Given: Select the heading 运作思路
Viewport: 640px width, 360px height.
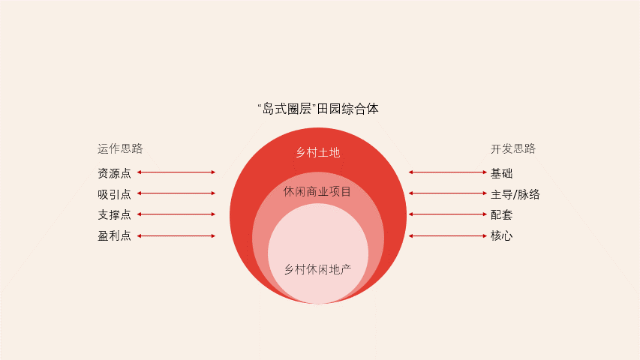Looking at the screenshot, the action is pos(120,148).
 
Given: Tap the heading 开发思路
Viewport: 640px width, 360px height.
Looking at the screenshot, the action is pos(513,148).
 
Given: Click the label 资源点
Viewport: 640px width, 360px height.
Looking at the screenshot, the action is pos(114,173).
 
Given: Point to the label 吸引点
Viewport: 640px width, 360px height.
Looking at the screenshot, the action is pos(114,194).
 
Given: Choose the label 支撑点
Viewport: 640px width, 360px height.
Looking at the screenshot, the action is pos(114,215).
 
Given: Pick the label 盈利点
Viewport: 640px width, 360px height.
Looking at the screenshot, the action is pos(114,236).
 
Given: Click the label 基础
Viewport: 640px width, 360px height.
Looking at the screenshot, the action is pos(502,173).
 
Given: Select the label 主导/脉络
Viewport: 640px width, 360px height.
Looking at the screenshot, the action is pos(515,194).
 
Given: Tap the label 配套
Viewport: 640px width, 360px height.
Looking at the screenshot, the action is pos(502,215).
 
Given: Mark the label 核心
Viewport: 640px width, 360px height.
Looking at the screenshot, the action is pos(502,236).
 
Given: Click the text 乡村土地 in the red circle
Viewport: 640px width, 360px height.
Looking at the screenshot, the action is pos(317,153).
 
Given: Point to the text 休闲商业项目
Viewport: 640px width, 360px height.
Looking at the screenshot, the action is pos(317,191).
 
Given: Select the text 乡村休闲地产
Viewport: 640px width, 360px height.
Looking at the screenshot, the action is pos(317,268).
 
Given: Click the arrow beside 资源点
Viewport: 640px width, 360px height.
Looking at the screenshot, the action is pos(176,172).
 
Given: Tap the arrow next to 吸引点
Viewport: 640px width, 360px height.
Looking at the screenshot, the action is pos(176,193).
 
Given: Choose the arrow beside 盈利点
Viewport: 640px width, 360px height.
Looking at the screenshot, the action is pos(176,236).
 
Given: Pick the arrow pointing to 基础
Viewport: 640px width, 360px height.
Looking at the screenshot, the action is pos(446,172).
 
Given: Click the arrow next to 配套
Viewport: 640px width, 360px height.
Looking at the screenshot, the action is pos(446,214).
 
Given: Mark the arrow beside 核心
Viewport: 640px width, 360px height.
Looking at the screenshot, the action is pos(446,236).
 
